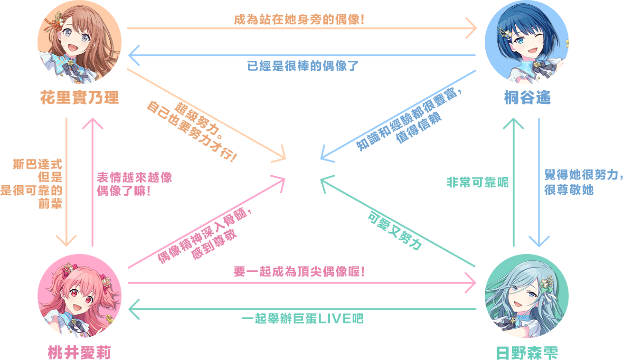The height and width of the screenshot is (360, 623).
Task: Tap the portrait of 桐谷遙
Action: point(527,43)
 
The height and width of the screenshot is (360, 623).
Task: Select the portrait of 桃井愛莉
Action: point(79,296)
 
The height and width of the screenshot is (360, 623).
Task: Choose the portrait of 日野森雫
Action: point(527,296)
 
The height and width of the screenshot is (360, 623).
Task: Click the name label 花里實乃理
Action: point(79,98)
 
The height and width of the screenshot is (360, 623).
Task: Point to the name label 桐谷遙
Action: point(527,98)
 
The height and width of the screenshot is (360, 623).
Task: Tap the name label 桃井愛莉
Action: point(79,353)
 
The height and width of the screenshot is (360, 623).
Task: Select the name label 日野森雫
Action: point(527,353)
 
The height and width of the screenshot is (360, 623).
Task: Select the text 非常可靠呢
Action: point(477,182)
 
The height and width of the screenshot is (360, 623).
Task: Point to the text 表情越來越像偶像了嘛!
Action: point(134,184)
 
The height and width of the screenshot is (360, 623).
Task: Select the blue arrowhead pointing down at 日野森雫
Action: point(539,240)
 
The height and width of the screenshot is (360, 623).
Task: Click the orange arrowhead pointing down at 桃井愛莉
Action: point(66,240)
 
